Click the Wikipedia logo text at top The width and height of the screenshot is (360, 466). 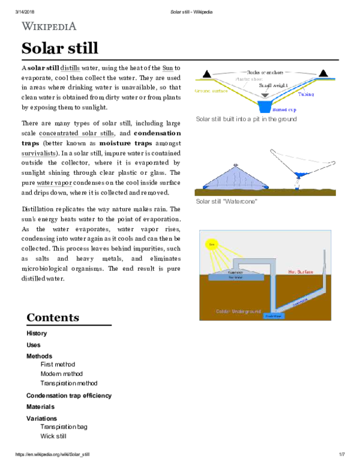(49, 26)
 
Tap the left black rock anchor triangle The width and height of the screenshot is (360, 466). (206, 73)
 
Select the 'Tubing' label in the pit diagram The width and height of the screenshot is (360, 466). (306, 95)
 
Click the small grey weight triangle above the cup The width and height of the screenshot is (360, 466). (265, 95)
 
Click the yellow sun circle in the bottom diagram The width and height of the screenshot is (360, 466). (211, 244)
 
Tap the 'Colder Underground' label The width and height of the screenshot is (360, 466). (238, 312)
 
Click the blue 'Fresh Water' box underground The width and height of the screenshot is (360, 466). (270, 315)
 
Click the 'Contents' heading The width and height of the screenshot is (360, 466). (52, 318)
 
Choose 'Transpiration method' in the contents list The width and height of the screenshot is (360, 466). (68, 383)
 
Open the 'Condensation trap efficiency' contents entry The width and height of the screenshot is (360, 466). (68, 396)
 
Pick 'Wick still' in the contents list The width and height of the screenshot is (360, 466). (53, 436)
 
